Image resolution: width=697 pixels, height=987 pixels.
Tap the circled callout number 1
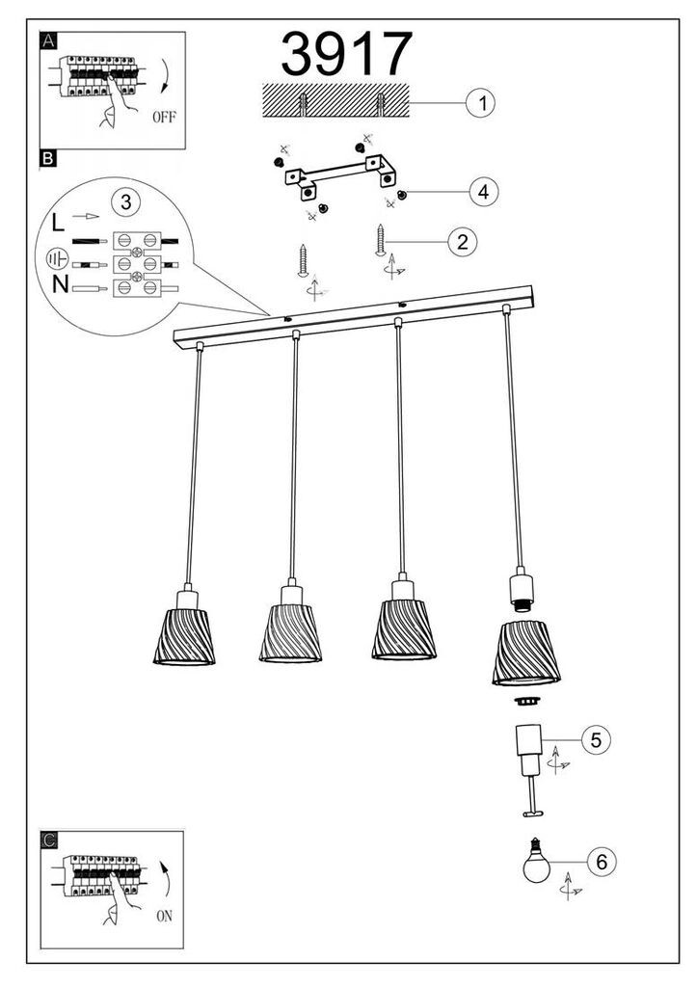point(479,102)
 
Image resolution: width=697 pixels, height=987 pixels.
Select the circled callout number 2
point(463,241)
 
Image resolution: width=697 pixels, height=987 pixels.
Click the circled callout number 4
point(485,192)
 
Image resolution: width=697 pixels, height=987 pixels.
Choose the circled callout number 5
point(595,740)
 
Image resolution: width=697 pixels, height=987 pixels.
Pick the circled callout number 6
point(601,862)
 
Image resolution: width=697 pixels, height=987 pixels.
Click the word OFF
point(163,120)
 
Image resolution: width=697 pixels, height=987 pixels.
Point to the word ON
point(163,917)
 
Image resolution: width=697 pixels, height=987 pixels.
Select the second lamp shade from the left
point(290,633)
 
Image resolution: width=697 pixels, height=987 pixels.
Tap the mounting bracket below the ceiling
point(342,179)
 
